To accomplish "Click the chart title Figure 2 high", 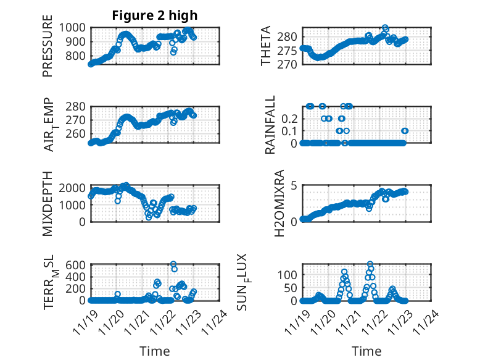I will click(x=155, y=15).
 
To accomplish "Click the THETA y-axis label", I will click(x=267, y=46).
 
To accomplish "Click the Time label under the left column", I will click(x=155, y=351).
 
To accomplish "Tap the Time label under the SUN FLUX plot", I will click(x=366, y=351).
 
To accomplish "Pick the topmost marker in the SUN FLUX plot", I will click(x=370, y=264).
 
